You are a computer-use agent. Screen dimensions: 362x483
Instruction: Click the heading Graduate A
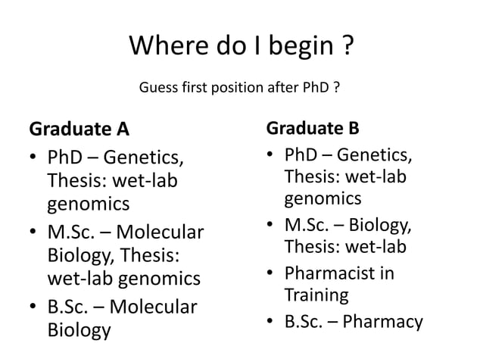(x=79, y=130)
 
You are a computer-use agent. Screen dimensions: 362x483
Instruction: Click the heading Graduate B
(x=313, y=126)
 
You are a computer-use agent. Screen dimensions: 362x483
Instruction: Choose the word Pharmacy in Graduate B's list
(x=382, y=323)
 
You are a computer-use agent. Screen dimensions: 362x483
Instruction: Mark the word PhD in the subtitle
(x=316, y=89)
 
